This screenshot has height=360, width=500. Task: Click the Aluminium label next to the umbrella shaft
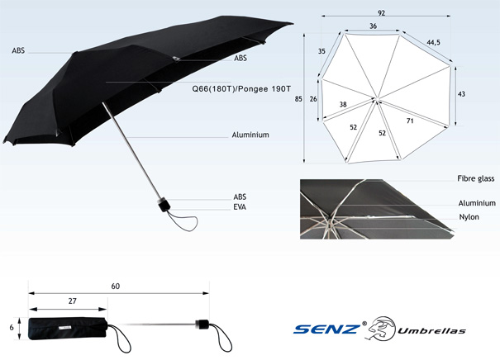click(x=251, y=135)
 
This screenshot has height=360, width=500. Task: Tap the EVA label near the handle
click(x=240, y=207)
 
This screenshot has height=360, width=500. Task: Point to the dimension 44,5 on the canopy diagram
click(x=432, y=41)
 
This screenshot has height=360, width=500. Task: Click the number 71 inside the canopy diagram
click(x=410, y=121)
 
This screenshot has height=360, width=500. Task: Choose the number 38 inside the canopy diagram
click(x=342, y=105)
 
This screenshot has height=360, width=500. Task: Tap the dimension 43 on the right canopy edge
click(x=460, y=94)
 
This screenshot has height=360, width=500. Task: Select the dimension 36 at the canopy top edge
click(x=374, y=26)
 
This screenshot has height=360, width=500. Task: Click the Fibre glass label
click(x=476, y=178)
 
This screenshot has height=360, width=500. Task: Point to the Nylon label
click(x=469, y=216)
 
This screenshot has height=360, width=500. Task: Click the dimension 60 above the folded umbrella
click(x=116, y=286)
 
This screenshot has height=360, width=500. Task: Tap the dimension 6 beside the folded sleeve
click(x=12, y=326)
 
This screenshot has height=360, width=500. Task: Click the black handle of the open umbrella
click(x=164, y=203)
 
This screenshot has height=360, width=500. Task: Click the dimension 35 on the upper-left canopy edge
click(x=321, y=51)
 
